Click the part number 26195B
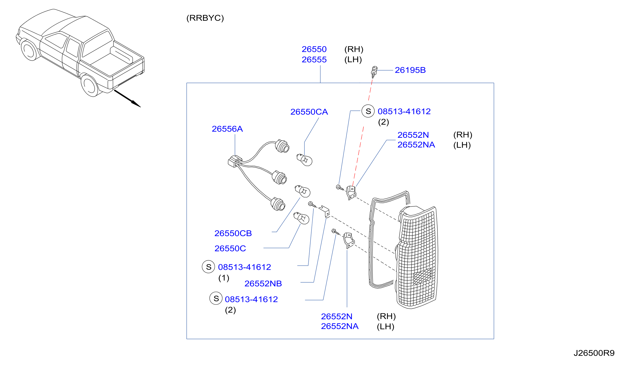pyautogui.click(x=410, y=70)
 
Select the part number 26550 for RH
pyautogui.click(x=314, y=49)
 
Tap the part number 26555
pyautogui.click(x=314, y=60)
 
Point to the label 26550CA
pyautogui.click(x=309, y=112)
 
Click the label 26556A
pyautogui.click(x=227, y=129)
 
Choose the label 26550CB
pyautogui.click(x=233, y=233)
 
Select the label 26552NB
pyautogui.click(x=263, y=284)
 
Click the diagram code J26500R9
pyautogui.click(x=594, y=353)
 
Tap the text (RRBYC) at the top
pyautogui.click(x=205, y=18)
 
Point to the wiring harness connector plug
pyautogui.click(x=235, y=161)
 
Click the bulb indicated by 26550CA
pyautogui.click(x=304, y=160)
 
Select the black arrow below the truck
pyautogui.click(x=127, y=99)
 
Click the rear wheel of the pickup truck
pyautogui.click(x=90, y=86)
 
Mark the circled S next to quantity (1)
pyautogui.click(x=208, y=267)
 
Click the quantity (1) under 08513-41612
pyautogui.click(x=224, y=278)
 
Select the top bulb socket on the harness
pyautogui.click(x=282, y=146)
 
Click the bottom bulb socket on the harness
pyautogui.click(x=278, y=204)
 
